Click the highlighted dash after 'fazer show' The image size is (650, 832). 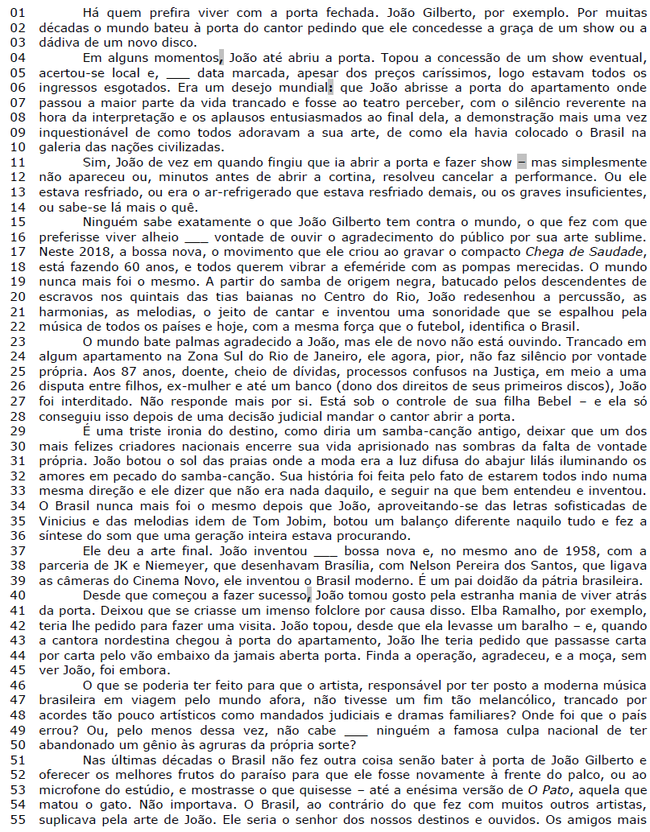click(x=521, y=163)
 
